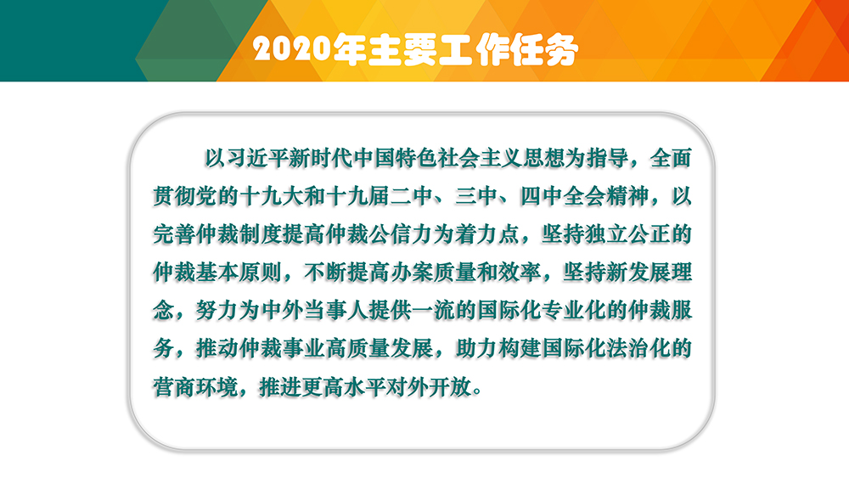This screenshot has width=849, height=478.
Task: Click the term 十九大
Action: tap(271, 196)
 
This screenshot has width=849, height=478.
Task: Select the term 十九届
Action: tap(357, 196)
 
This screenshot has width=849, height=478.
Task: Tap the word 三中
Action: tap(476, 196)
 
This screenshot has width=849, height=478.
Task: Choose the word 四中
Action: tap(542, 196)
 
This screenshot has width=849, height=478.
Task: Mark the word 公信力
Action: tap(401, 234)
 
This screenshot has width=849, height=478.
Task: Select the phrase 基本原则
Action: tap(239, 273)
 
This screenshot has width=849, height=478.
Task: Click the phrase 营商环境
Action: tap(195, 387)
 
